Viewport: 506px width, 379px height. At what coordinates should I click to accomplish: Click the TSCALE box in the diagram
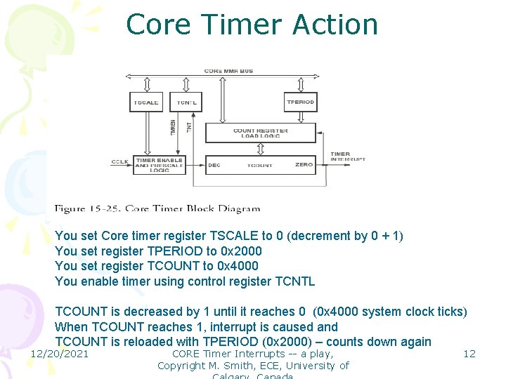(146, 102)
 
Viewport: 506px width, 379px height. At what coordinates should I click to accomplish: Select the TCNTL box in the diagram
(186, 102)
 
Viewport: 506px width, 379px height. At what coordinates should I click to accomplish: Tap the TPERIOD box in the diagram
(300, 102)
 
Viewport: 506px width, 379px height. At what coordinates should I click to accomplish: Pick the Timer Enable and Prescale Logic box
(159, 164)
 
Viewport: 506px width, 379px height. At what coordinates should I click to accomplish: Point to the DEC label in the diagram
(214, 165)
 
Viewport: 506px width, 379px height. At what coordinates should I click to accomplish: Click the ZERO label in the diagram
(304, 165)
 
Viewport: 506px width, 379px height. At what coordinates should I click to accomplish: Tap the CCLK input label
(119, 162)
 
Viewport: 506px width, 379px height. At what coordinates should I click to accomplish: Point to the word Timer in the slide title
(243, 25)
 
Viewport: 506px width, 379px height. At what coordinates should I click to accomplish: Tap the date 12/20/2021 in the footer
(59, 354)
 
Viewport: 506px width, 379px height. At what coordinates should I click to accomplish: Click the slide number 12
(469, 354)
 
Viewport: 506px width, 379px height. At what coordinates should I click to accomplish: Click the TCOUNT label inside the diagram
(259, 165)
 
